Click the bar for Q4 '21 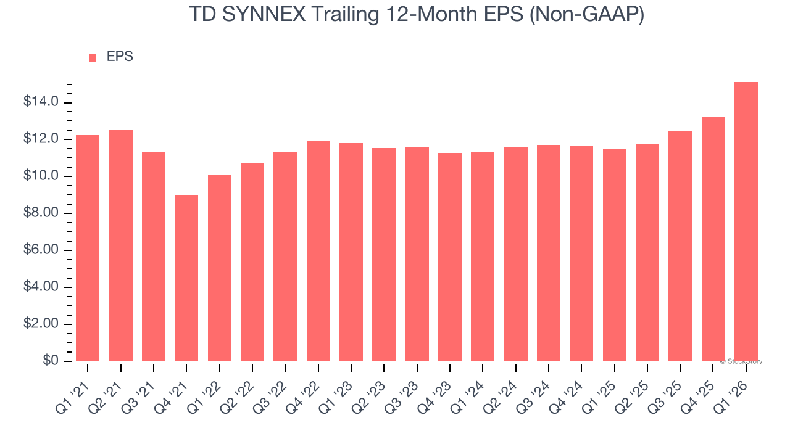[186, 278]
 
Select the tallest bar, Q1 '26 [746, 221]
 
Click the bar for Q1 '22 [220, 268]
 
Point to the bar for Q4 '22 [318, 251]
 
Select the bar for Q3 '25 [680, 246]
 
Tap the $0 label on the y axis [51, 361]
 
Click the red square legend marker [93, 57]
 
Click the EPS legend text [120, 57]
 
